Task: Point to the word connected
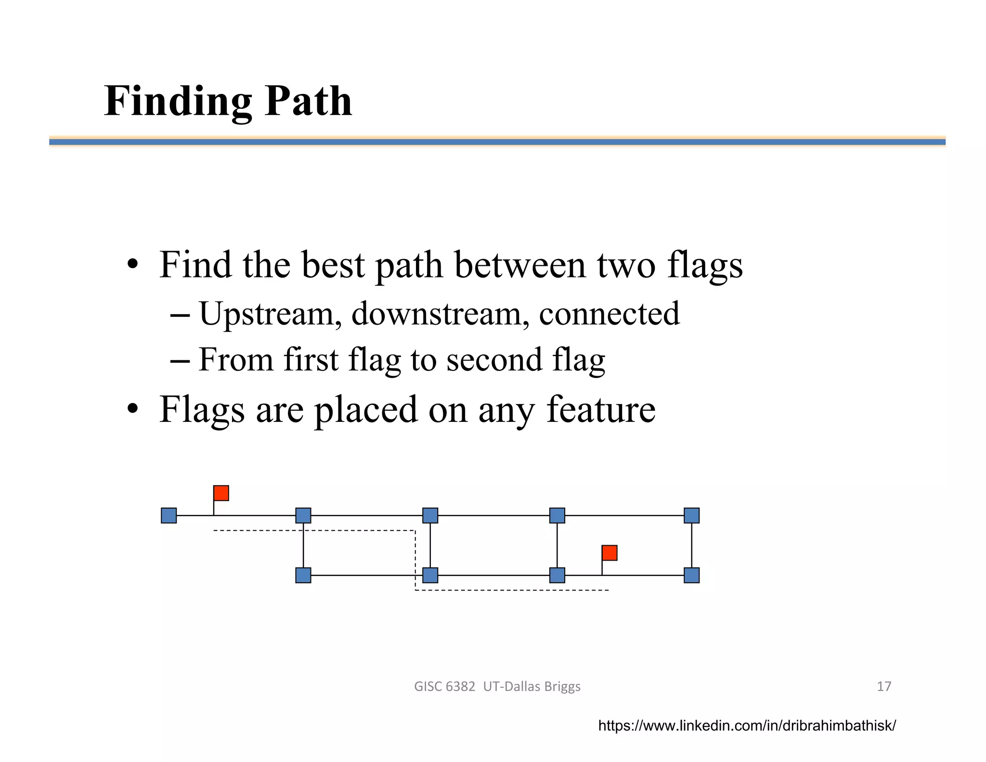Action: click(x=609, y=314)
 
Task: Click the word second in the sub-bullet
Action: click(x=494, y=360)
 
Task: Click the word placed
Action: click(x=366, y=409)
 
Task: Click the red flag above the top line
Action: click(x=221, y=493)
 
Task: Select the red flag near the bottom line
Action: click(x=610, y=553)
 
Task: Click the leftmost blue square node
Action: click(x=169, y=515)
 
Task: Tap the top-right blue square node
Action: click(x=691, y=515)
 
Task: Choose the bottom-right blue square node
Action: click(x=691, y=575)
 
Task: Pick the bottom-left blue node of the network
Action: click(x=303, y=575)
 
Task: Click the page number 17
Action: click(x=884, y=686)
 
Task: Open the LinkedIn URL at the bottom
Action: click(x=747, y=725)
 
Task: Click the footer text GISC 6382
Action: click(x=444, y=686)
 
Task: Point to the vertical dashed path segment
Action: click(x=415, y=560)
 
